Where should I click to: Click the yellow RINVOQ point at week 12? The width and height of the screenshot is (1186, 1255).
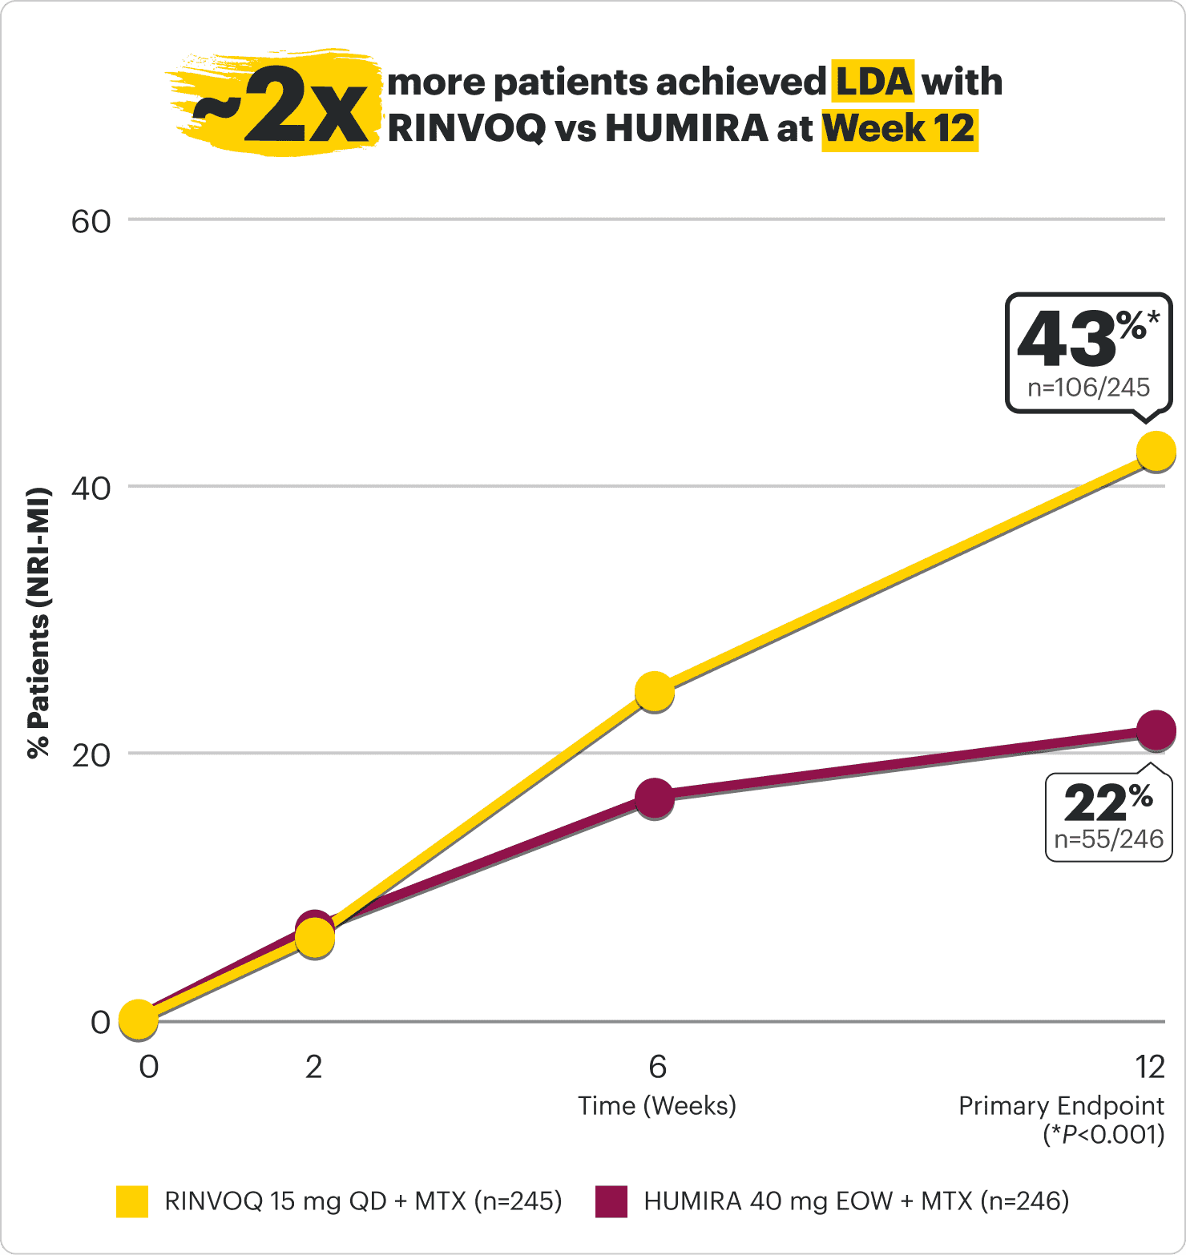tap(1156, 451)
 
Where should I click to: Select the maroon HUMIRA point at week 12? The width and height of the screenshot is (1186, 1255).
tap(1156, 730)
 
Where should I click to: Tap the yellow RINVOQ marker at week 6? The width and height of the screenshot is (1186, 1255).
tap(655, 692)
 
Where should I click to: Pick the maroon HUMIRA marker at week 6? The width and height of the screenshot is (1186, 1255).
tap(655, 798)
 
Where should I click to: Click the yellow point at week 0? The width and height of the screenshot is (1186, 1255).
tap(138, 1020)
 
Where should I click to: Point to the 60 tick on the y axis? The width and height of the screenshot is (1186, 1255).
tap(91, 222)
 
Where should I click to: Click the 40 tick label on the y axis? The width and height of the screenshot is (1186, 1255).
tap(91, 489)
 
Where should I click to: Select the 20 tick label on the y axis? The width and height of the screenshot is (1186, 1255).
tap(91, 755)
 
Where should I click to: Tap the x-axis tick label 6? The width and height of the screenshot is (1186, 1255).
tap(657, 1067)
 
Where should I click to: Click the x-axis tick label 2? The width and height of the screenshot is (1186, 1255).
tap(313, 1067)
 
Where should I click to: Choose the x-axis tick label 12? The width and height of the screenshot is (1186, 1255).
tap(1149, 1067)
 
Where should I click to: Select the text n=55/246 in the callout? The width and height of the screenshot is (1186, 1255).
tap(1108, 839)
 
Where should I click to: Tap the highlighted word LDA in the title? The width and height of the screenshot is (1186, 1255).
tap(873, 82)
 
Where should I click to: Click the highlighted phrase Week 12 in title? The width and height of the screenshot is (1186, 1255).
tap(899, 129)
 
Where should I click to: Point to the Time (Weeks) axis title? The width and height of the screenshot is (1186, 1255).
tap(657, 1106)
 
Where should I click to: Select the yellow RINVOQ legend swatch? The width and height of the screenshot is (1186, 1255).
tap(132, 1201)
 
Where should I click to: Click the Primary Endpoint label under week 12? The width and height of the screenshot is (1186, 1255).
tap(1061, 1106)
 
